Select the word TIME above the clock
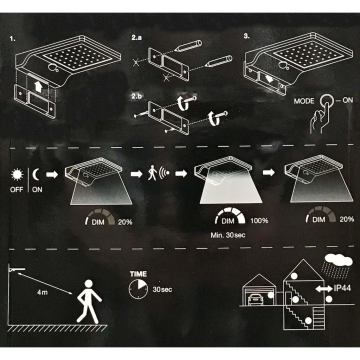(x=139, y=272)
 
